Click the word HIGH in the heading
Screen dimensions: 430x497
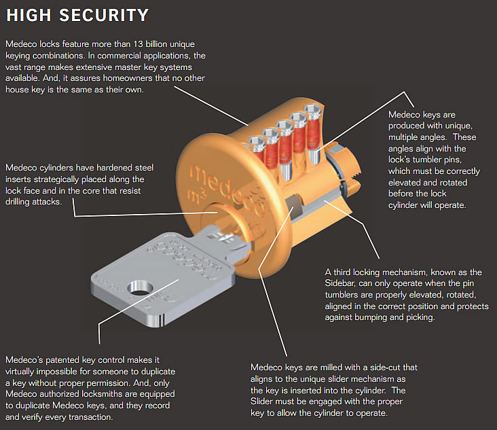point(29,14)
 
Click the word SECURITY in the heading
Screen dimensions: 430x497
point(101,14)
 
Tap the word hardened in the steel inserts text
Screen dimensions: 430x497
point(119,168)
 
